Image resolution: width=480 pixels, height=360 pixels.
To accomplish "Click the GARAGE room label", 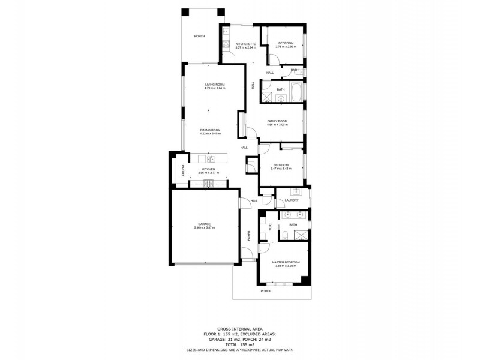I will tap(204, 224).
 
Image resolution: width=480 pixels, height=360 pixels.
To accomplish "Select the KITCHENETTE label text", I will tap(246, 44).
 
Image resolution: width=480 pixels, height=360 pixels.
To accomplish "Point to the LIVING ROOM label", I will tap(214, 85).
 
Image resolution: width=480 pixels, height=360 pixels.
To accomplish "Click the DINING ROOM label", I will tap(211, 130).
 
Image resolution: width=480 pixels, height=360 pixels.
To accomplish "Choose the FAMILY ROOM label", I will tap(277, 121).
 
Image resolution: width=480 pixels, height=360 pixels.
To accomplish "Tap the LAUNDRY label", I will tap(292, 200).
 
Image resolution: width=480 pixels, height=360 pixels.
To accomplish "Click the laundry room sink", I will tap(295, 191).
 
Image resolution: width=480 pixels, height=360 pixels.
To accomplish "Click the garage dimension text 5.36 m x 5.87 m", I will tap(204, 228).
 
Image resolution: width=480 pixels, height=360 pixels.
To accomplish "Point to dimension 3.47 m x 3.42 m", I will tap(282, 169).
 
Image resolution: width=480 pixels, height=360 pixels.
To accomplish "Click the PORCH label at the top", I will tap(199, 37).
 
